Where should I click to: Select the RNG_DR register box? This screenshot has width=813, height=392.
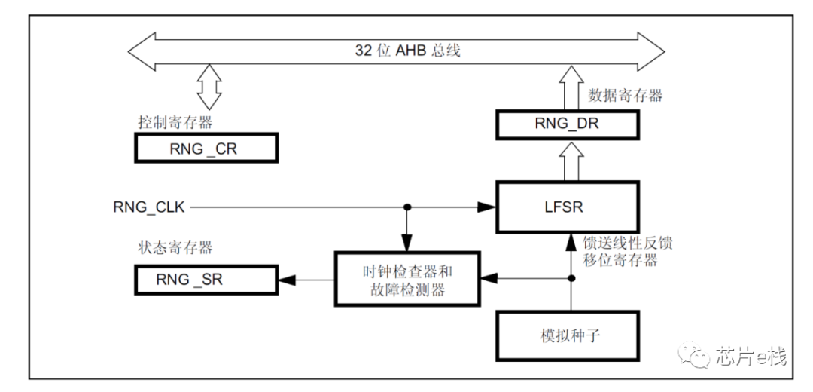tap(568, 124)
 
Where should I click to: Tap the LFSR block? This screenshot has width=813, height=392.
tap(568, 206)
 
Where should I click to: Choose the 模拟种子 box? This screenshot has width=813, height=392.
tap(569, 335)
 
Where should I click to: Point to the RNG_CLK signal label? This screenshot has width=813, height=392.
tap(149, 206)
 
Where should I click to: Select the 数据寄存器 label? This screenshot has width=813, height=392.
tap(625, 95)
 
